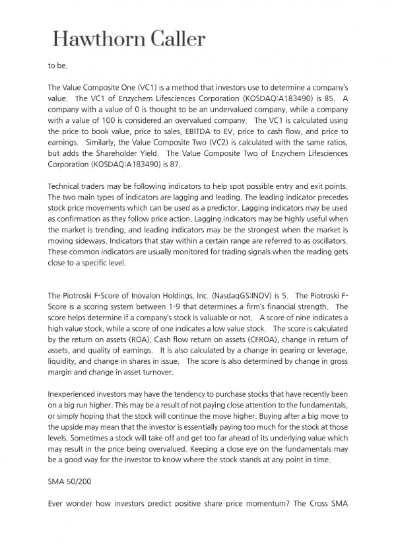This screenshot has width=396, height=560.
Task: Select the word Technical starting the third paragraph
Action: tap(65, 190)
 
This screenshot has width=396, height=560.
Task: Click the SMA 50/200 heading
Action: tap(65, 483)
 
